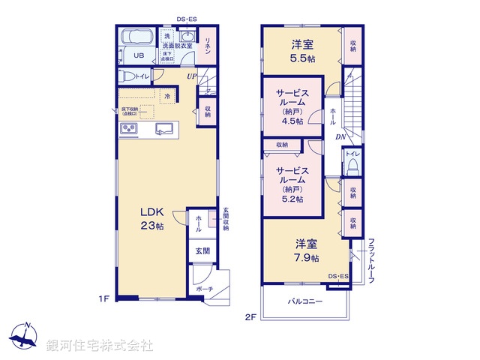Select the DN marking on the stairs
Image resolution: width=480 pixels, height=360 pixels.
339,137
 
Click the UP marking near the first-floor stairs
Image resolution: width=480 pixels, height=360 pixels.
193,76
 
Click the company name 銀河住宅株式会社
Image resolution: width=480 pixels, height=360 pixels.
100,346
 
